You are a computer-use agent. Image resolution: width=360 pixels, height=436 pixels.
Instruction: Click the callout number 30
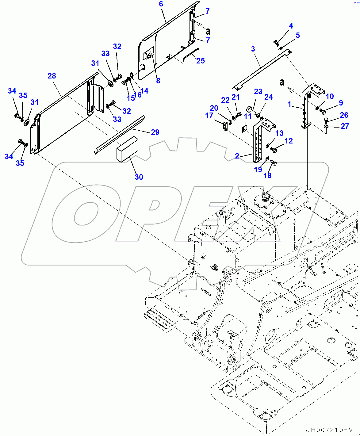[x=139, y=177]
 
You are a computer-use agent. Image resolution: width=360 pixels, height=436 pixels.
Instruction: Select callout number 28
[x=52, y=76]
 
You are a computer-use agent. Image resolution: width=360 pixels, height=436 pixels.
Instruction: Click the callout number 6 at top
[x=161, y=4]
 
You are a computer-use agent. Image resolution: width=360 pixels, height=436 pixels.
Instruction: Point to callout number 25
[x=201, y=61]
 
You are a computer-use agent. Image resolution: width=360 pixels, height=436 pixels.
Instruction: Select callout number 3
[x=253, y=49]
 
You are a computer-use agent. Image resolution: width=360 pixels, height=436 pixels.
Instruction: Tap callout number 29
[x=155, y=132]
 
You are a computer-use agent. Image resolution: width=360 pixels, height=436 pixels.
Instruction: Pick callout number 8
[x=158, y=81]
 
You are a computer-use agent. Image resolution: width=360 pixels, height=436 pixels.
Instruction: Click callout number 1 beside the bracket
[x=289, y=104]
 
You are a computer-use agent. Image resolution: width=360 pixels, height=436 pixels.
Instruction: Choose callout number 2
[x=237, y=156]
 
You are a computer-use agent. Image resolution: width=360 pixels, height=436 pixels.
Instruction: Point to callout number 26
[x=344, y=115]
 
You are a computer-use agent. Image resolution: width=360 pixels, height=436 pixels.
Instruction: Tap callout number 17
[x=209, y=116]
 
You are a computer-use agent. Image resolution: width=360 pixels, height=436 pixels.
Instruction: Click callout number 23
[x=258, y=91]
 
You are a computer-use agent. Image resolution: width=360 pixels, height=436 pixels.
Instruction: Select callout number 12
[x=289, y=141]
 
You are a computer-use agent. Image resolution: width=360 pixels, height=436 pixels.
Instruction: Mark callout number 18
[x=267, y=175]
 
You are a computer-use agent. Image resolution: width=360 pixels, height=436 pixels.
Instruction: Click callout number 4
[x=291, y=26]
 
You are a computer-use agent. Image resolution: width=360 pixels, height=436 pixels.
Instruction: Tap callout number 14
[x=144, y=91]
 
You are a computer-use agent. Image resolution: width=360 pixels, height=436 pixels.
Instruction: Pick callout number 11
[x=248, y=116]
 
